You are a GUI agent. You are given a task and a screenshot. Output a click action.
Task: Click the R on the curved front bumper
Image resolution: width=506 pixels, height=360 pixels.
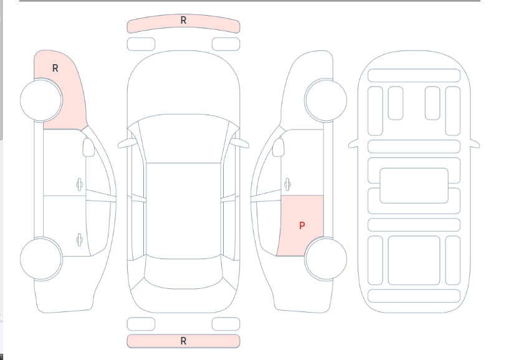click(183, 21)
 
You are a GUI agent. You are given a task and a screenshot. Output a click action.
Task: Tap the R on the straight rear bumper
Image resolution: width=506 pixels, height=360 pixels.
click(183, 341)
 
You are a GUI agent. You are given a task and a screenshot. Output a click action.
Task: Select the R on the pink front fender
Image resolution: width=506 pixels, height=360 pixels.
click(55, 68)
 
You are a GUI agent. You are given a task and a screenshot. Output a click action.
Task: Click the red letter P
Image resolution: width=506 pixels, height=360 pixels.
click(302, 225)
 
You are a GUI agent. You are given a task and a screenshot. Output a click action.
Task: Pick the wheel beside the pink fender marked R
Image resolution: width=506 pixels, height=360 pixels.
click(41, 100)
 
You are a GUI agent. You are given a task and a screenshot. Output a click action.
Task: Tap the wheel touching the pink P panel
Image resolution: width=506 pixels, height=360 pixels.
click(326, 258)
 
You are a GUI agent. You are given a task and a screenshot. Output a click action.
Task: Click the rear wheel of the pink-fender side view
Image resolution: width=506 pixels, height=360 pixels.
click(41, 258)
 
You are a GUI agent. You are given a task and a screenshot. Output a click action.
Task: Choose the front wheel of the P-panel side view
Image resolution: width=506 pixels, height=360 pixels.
click(326, 100)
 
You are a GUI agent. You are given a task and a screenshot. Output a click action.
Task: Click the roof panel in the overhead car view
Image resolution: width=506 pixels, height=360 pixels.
click(183, 210)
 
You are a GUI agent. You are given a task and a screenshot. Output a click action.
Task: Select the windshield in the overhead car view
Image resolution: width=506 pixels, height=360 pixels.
click(183, 139)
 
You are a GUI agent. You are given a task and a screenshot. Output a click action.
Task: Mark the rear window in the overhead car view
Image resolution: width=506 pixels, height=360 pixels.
click(183, 273)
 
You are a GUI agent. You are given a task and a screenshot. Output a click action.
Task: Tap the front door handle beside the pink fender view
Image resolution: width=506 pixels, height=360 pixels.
click(79, 184)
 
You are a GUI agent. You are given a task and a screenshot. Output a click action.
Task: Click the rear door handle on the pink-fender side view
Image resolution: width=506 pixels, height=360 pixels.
click(79, 240)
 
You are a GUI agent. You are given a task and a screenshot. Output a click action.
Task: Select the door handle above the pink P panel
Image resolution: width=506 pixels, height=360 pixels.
click(287, 184)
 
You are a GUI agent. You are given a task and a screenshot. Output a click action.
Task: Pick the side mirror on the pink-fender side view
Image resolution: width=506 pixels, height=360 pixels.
click(88, 148)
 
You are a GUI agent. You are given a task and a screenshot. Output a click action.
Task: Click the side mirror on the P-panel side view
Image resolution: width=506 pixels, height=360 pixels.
click(279, 148)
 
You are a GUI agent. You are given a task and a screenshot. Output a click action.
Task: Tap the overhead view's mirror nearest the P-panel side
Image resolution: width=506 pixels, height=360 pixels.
click(239, 143)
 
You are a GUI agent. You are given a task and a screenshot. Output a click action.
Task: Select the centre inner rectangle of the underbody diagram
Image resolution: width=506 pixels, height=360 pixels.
click(414, 186)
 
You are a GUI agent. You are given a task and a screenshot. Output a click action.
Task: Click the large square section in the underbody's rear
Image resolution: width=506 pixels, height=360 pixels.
click(414, 260)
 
